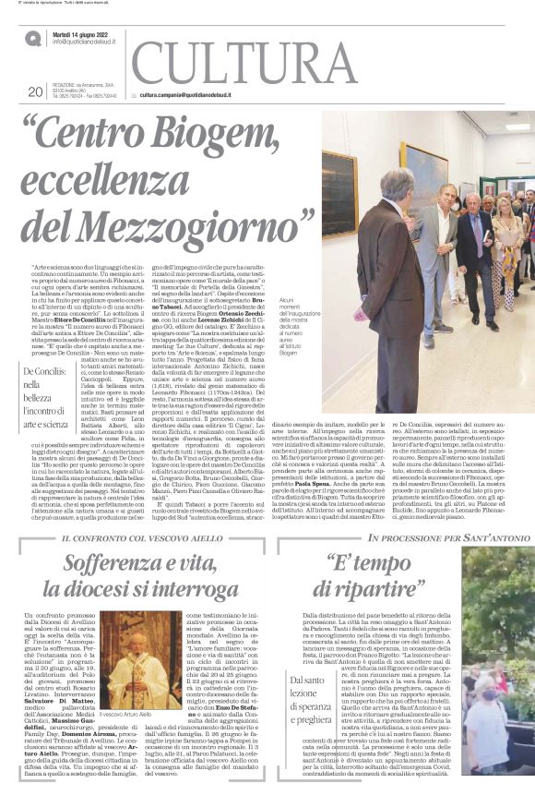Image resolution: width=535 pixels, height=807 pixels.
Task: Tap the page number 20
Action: pyautogui.click(x=35, y=91)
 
